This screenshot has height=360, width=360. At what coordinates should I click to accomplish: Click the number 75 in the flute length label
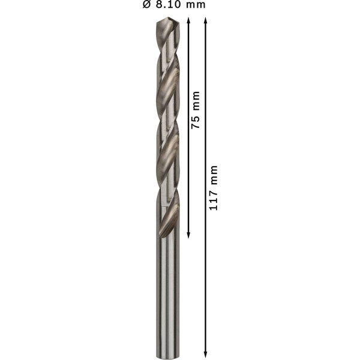pos(195,122)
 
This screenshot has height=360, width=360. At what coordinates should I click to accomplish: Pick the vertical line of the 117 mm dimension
pos(206,270)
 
